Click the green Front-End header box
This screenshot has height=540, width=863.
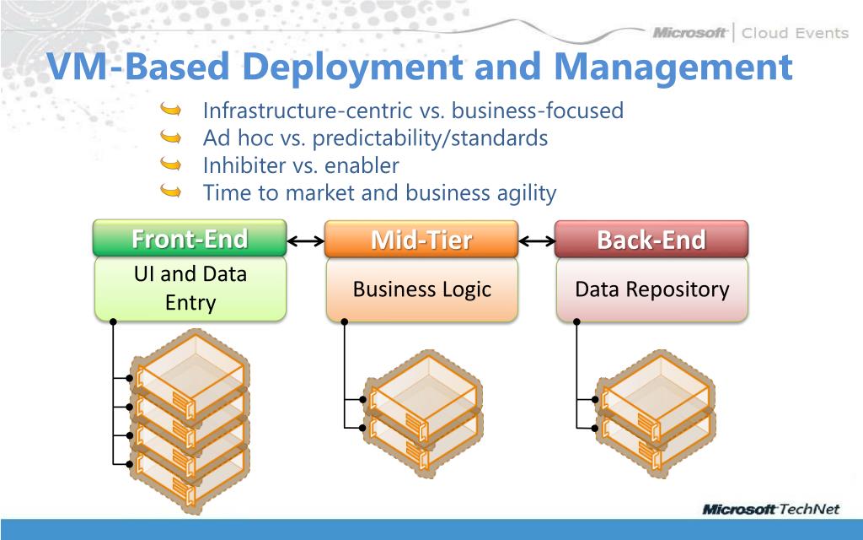(x=190, y=239)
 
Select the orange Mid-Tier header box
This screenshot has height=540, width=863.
(x=421, y=240)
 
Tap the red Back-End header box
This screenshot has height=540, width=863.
(x=651, y=239)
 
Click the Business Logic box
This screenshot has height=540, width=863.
(x=421, y=289)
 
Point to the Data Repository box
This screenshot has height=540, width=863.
(x=651, y=289)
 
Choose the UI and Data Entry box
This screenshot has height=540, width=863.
(x=190, y=288)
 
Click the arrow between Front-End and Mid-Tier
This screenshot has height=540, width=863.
(x=305, y=242)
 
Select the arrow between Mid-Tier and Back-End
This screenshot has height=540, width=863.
(x=536, y=242)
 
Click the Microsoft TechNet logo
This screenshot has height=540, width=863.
(x=775, y=510)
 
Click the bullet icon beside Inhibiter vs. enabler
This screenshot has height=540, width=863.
(x=170, y=165)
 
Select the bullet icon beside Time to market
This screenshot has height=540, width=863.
(x=170, y=192)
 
